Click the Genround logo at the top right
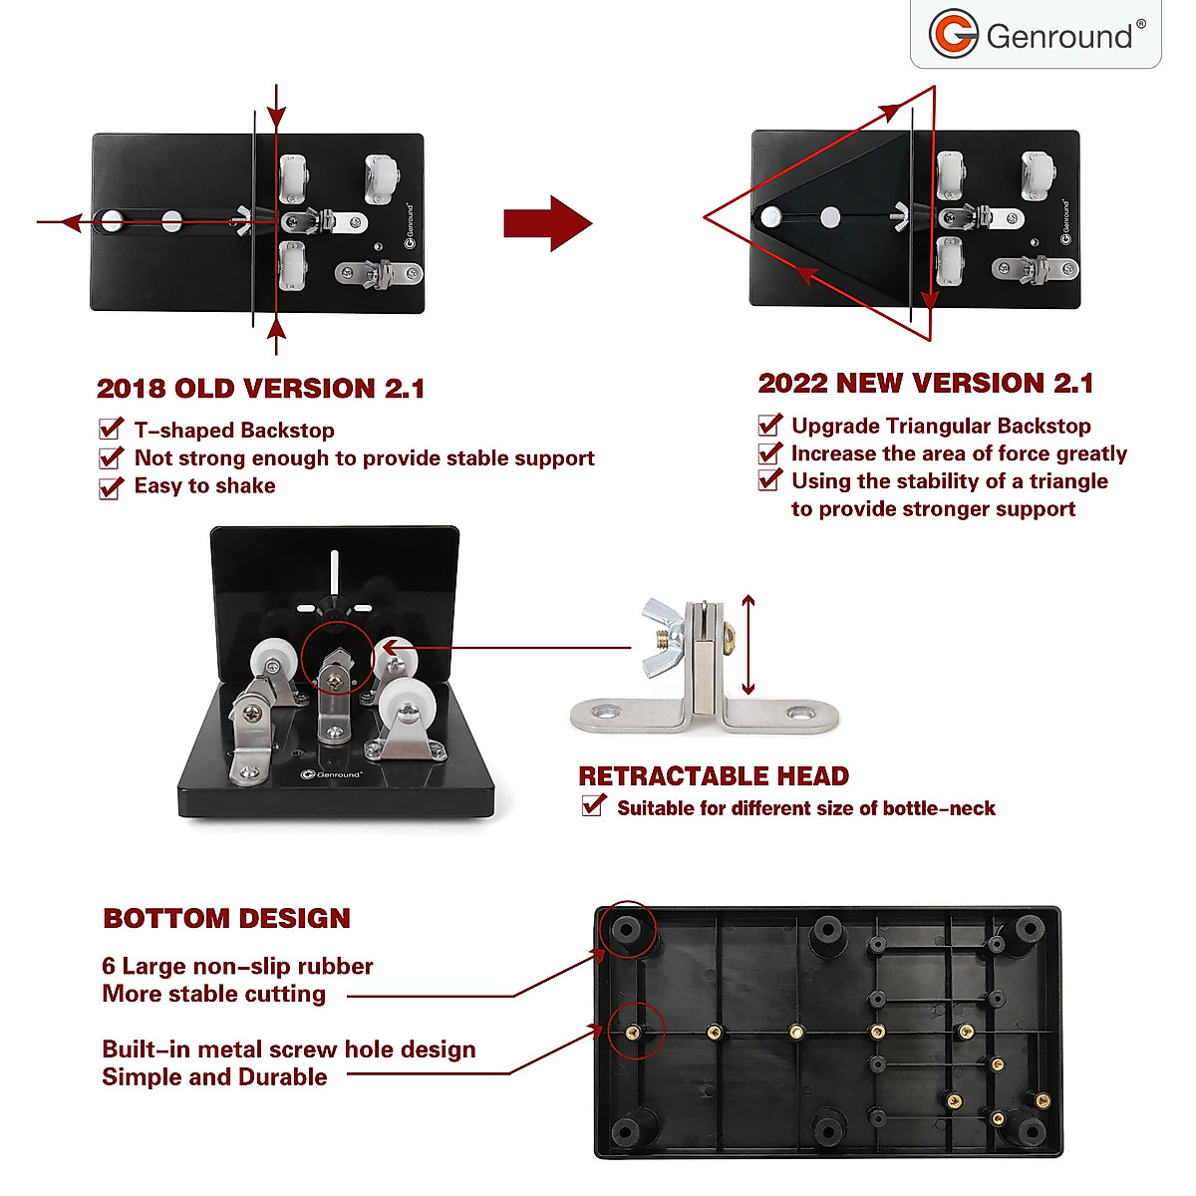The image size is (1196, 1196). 1037,35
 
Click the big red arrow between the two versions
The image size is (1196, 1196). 547,223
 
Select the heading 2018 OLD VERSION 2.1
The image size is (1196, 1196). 260,389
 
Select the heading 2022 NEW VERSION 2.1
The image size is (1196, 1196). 925,384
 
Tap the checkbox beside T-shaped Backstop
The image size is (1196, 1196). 111,430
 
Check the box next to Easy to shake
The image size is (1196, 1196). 111,487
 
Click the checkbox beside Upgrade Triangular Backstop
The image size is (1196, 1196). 769,426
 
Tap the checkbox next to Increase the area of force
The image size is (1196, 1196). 769,453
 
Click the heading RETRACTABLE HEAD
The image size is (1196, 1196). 714,776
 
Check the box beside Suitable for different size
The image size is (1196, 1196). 593,805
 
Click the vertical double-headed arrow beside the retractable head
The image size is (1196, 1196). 748,646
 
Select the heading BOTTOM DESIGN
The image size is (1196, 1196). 226,919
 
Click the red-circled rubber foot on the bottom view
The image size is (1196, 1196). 627,930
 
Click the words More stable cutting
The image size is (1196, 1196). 213,994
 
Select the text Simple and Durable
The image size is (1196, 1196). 214,1077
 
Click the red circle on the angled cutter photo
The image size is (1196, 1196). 337,660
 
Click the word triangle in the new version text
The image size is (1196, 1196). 1067,481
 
